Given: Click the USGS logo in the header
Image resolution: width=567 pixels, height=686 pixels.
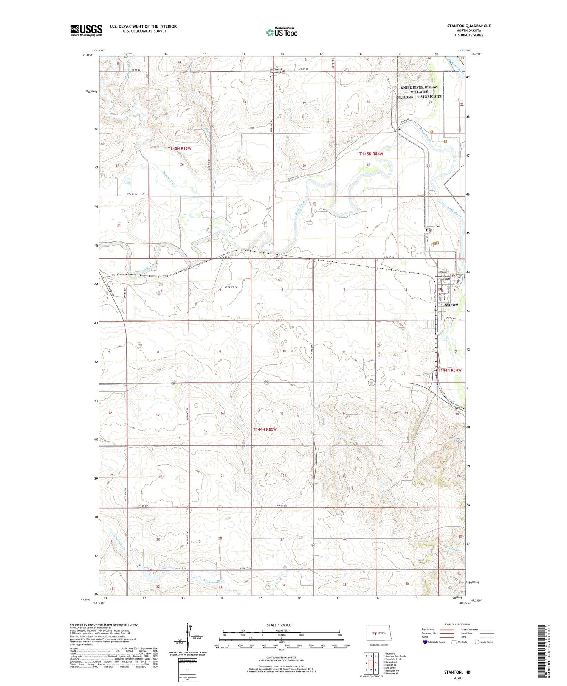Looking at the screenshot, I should click(x=86, y=30).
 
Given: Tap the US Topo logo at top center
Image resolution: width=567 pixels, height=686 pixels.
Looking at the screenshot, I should click(x=282, y=32).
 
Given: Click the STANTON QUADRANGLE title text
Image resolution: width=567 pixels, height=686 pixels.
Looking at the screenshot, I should click(x=469, y=26).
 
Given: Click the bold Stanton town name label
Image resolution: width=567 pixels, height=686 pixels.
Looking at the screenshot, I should click(x=451, y=305).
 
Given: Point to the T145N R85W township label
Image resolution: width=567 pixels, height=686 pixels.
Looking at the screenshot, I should click(x=180, y=149).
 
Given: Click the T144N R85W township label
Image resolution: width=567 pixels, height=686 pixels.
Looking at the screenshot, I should click(x=265, y=429).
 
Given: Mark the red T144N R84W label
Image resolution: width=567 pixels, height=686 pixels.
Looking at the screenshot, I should click(x=449, y=370).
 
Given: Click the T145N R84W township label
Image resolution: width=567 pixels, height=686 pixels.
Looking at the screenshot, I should click(x=371, y=154).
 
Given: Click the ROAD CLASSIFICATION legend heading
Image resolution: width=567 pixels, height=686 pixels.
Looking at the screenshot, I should click(x=457, y=624).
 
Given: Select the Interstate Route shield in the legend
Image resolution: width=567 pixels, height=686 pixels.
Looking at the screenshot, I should click(x=426, y=642).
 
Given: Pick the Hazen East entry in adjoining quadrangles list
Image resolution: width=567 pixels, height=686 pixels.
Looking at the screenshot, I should click(x=390, y=662).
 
